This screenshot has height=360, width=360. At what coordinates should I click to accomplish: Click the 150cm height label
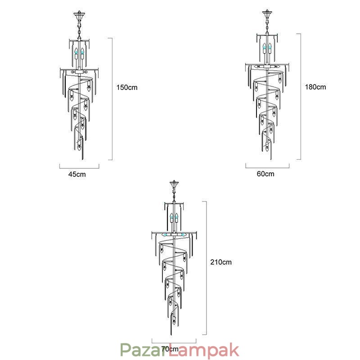pyautogui.click(x=127, y=87)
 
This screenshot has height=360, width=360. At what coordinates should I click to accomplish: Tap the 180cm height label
pyautogui.click(x=315, y=87)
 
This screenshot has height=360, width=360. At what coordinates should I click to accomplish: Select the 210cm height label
pyautogui.click(x=221, y=262)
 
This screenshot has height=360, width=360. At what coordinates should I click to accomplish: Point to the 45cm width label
pyautogui.click(x=77, y=174)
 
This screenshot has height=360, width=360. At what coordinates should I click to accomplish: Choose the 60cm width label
pyautogui.click(x=265, y=174)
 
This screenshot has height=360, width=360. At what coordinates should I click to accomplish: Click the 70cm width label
pyautogui.click(x=170, y=349)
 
